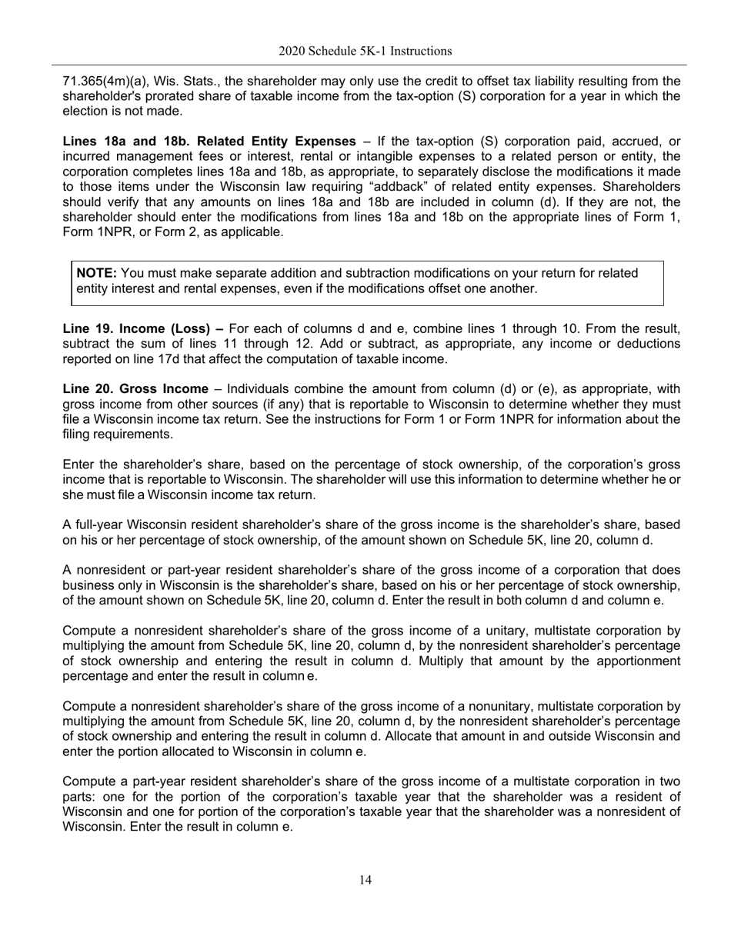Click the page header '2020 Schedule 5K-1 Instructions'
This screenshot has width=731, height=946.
[365, 52]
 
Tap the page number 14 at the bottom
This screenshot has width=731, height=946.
[365, 880]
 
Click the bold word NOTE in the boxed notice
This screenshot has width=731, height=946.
[96, 273]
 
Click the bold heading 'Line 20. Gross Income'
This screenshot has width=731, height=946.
[135, 389]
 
